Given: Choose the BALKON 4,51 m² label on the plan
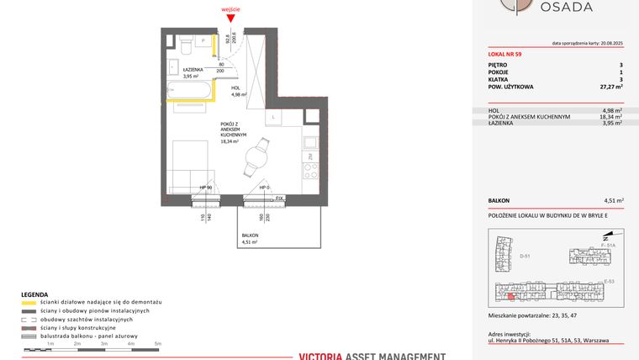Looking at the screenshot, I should [x=250, y=238].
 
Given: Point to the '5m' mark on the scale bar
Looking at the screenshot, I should [x=158, y=344].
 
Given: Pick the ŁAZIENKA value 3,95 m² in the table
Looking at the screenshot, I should [x=611, y=124].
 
